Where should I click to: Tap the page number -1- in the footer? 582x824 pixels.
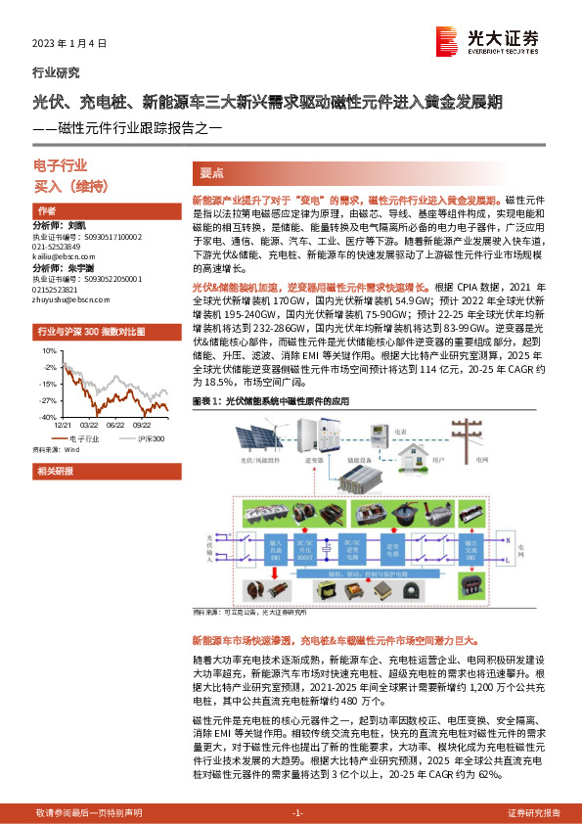[x=297, y=812]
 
